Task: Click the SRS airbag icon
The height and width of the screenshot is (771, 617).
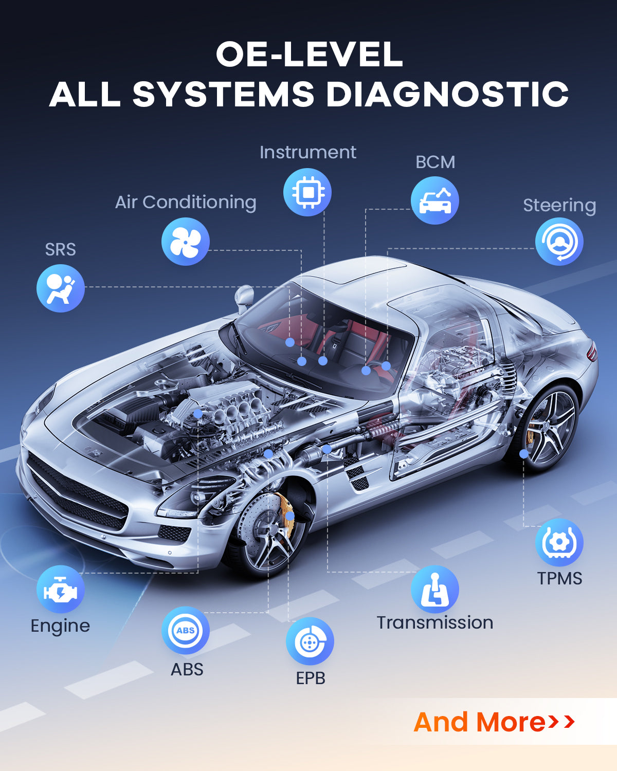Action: [x=61, y=288]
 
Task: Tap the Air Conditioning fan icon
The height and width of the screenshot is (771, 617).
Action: [x=186, y=242]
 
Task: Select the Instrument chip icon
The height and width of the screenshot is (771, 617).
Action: [x=307, y=192]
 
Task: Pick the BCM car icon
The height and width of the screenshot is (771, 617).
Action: [x=435, y=200]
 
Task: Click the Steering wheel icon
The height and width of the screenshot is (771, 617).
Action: [x=559, y=242]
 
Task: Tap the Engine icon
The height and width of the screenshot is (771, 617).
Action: [x=61, y=590]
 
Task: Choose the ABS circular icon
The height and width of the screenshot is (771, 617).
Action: [x=186, y=630]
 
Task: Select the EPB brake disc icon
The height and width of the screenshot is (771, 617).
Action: [x=310, y=641]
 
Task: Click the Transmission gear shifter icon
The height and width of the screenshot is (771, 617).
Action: [x=435, y=590]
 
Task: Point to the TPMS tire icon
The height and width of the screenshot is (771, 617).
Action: [x=559, y=543]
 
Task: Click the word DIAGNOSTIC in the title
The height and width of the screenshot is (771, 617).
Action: [x=447, y=95]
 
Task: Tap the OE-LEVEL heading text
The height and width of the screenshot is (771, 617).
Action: [x=309, y=54]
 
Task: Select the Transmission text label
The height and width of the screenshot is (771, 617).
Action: [x=435, y=622]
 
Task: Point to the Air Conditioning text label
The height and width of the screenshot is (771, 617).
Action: [x=186, y=203]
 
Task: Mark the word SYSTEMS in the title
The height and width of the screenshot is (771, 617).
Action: [x=223, y=95]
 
